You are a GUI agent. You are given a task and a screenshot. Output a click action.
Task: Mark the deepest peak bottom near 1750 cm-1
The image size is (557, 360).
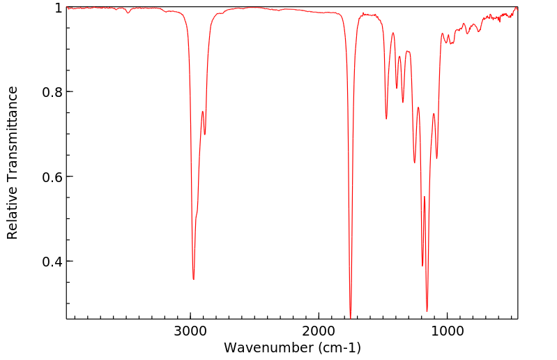tap(350, 316)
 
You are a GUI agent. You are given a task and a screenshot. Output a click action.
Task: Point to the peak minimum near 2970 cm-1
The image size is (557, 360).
tap(194, 279)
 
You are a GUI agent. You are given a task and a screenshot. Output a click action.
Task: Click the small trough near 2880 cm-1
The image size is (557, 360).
tap(205, 134)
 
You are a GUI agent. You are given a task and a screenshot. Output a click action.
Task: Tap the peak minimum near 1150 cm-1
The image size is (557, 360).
tap(427, 311)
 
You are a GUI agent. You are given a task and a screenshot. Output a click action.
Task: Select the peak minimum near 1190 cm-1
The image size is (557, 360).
tap(422, 266)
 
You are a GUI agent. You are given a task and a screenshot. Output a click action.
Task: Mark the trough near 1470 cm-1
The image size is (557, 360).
tap(386, 119)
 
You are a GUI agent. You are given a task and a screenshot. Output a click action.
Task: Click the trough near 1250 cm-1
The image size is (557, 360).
tap(414, 163)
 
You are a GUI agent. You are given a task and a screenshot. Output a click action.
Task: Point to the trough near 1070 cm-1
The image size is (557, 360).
tap(437, 158)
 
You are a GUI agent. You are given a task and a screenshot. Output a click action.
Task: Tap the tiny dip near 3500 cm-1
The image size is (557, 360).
tap(128, 13)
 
